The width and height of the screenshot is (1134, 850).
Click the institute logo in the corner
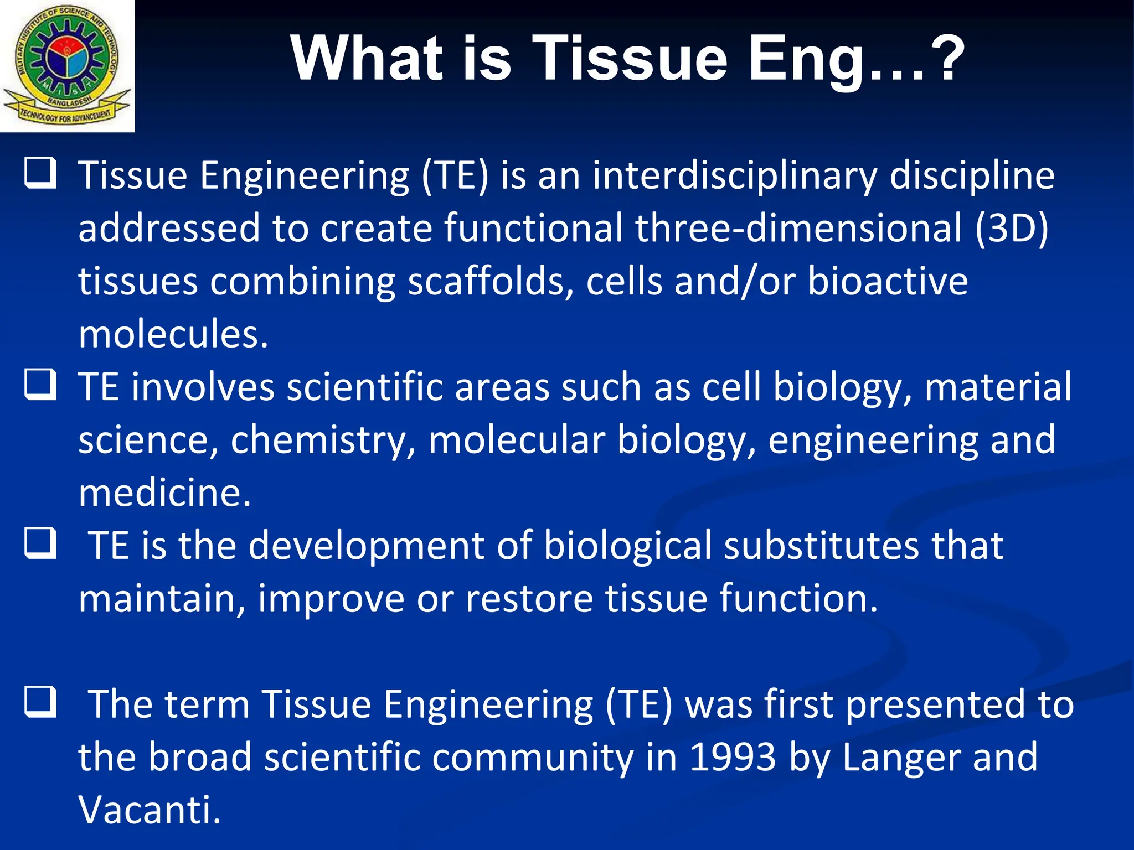(67, 66)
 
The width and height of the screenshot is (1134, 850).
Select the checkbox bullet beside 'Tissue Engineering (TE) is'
(40, 173)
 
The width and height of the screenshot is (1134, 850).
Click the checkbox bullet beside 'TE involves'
(40, 384)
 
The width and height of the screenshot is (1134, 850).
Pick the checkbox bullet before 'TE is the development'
(40, 543)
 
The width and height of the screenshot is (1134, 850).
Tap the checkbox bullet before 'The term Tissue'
(40, 702)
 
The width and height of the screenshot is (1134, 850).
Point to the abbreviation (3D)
(1012, 228)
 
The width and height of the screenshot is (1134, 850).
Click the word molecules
(173, 334)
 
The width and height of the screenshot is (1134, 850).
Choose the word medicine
(164, 493)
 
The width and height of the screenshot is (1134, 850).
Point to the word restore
(529, 599)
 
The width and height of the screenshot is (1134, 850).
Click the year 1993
(733, 757)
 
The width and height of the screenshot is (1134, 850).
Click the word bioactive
(888, 281)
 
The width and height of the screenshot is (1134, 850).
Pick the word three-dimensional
(798, 228)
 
